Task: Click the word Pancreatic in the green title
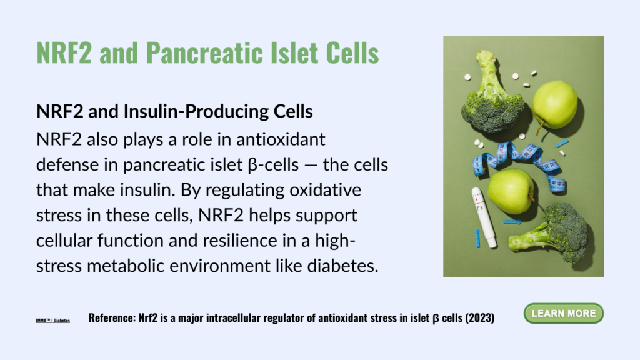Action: [205, 52]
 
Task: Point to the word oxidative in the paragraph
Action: [325, 190]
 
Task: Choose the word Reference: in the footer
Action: [112, 318]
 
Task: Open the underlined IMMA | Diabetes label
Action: [52, 321]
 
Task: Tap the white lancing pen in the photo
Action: [484, 217]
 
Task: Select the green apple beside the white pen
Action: [511, 192]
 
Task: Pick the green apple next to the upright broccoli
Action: [555, 104]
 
